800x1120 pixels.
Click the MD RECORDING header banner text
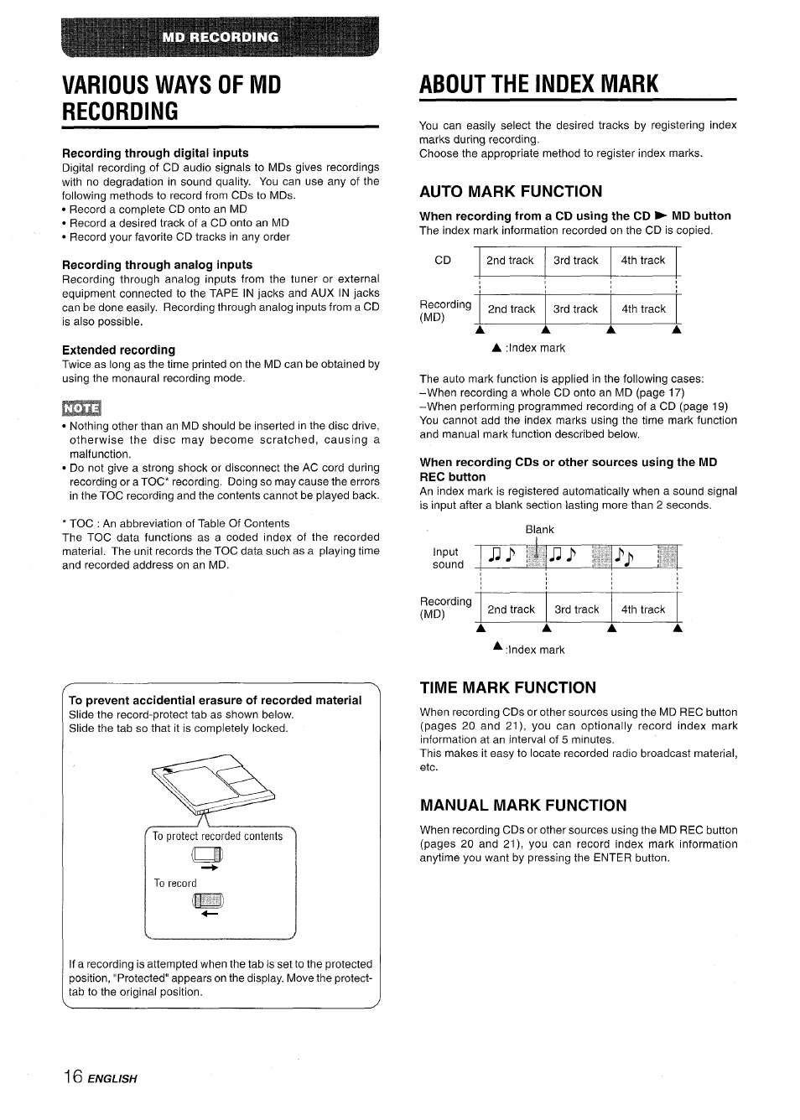221,37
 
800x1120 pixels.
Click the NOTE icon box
81,408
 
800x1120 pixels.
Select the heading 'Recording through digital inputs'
155,153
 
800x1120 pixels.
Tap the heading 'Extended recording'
118,350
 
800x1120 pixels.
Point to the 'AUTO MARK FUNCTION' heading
510,191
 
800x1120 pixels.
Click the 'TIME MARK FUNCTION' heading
507,687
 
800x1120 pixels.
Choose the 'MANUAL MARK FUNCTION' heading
522,806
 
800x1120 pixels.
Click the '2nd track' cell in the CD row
510,261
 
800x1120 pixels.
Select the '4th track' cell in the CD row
642,261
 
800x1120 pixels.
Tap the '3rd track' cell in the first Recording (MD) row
575,309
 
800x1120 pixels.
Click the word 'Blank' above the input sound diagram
539,529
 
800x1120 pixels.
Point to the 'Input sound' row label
447,558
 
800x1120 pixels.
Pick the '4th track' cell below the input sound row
642,609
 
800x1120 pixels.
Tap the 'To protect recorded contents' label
218,836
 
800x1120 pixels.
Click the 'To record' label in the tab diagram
175,883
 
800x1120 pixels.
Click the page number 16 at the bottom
70,1076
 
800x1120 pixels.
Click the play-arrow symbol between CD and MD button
661,216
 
